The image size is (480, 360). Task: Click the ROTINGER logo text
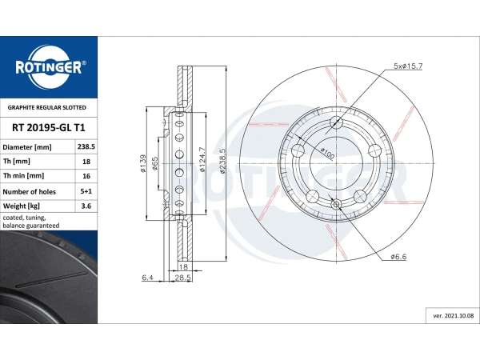pyautogui.click(x=48, y=67)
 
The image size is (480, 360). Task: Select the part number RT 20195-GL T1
pyautogui.click(x=48, y=126)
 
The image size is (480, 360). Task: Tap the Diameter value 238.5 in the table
pyautogui.click(x=86, y=147)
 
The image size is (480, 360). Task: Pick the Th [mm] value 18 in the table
pyautogui.click(x=86, y=162)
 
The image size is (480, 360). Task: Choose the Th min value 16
pyautogui.click(x=86, y=176)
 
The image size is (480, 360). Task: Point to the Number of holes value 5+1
pyautogui.click(x=86, y=192)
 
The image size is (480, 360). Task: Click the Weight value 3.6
pyautogui.click(x=86, y=207)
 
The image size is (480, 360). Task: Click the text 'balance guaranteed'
pyautogui.click(x=30, y=226)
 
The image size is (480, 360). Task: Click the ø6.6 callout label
pyautogui.click(x=400, y=257)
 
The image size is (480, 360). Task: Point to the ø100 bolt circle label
pyautogui.click(x=326, y=152)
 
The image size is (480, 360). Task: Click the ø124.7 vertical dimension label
pyautogui.click(x=203, y=160)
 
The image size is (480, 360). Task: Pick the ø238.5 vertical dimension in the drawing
pyautogui.click(x=223, y=160)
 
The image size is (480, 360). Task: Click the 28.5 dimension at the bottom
pyautogui.click(x=182, y=277)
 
